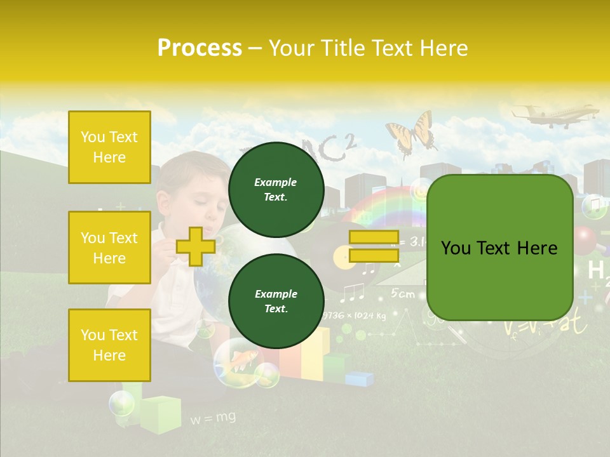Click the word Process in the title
tap(200, 48)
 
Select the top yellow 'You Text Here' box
tap(109, 147)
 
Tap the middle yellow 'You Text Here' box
tap(109, 248)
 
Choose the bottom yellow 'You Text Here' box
tap(109, 345)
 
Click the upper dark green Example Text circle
tap(276, 189)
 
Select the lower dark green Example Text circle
tap(276, 301)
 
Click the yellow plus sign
tap(196, 246)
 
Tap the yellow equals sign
tap(374, 246)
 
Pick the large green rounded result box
tap(499, 248)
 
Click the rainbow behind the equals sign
tap(381, 206)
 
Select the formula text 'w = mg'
tap(213, 418)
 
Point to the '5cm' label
tap(402, 294)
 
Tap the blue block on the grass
tap(360, 379)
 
